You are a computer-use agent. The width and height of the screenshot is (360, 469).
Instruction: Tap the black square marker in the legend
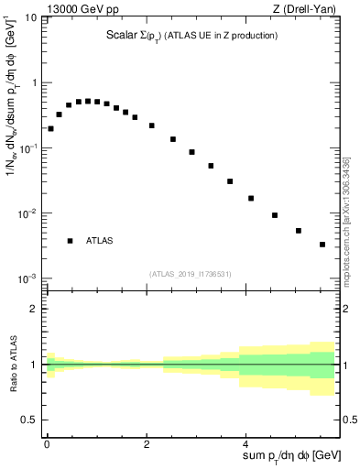70,241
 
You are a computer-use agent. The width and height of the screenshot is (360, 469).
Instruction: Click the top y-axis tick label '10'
30,17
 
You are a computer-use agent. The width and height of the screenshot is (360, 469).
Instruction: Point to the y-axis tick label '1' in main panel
35,83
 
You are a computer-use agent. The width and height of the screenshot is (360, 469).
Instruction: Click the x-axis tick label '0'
47,443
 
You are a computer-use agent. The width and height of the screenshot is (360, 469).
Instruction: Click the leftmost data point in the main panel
50,128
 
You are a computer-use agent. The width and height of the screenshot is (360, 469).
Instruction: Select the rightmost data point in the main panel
322,245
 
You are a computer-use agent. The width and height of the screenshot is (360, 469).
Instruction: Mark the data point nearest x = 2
151,125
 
